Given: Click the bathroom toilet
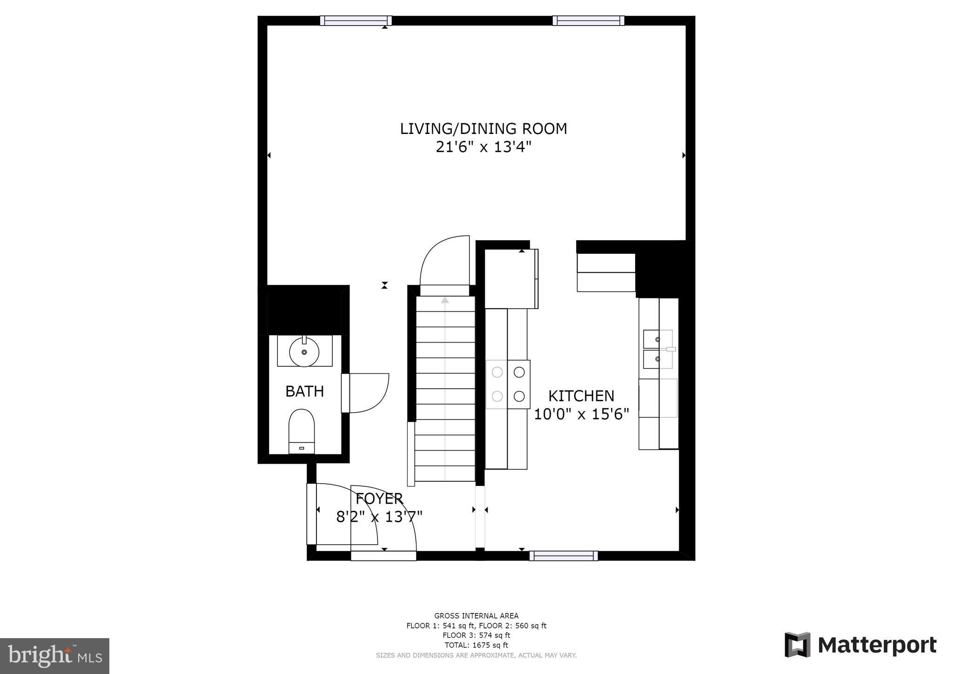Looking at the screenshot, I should (302, 431).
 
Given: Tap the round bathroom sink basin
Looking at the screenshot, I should (304, 352).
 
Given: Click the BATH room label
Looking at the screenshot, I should (304, 391).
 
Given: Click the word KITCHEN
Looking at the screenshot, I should (581, 396).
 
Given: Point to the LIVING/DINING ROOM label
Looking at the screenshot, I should (483, 129).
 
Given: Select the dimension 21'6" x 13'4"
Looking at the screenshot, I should (483, 147).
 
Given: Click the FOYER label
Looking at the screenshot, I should (379, 499).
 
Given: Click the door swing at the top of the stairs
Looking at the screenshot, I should (444, 261).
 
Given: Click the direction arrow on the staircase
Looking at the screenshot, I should (445, 300).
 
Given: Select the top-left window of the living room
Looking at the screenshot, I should (356, 20).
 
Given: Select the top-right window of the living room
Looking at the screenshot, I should (588, 20).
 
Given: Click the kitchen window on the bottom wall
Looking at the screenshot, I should (564, 555).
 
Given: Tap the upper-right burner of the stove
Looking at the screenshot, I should (519, 372).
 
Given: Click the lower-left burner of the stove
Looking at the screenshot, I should (497, 396).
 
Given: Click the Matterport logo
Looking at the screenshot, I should (860, 645).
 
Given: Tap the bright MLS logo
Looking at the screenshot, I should (54, 656).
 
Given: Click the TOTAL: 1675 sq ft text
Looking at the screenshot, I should (476, 645).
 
